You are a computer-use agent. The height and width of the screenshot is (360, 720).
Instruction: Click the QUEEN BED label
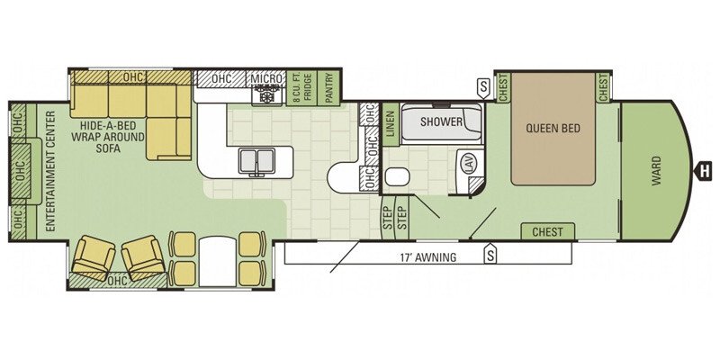pos(553,128)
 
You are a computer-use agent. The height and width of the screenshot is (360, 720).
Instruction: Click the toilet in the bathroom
pos(397,177)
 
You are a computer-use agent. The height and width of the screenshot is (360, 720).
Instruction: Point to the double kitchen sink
pos(256,161)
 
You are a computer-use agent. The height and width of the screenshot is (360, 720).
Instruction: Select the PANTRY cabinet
pos(328,88)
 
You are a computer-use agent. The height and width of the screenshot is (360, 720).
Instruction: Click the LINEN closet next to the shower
pos(391,124)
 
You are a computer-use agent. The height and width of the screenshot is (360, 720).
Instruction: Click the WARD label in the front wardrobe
pos(656,171)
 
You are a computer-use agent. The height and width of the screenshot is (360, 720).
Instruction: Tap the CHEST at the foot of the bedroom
pos(548,231)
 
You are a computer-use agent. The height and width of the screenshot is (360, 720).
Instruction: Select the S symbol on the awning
pos(490,255)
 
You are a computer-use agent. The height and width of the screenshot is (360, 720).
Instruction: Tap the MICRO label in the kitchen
pos(266,78)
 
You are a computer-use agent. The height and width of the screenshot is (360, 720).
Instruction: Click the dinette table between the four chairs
pos(217,261)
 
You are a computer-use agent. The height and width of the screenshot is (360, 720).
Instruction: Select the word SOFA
pos(108,148)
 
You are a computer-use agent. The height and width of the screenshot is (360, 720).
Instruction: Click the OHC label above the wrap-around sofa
pos(133,76)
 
